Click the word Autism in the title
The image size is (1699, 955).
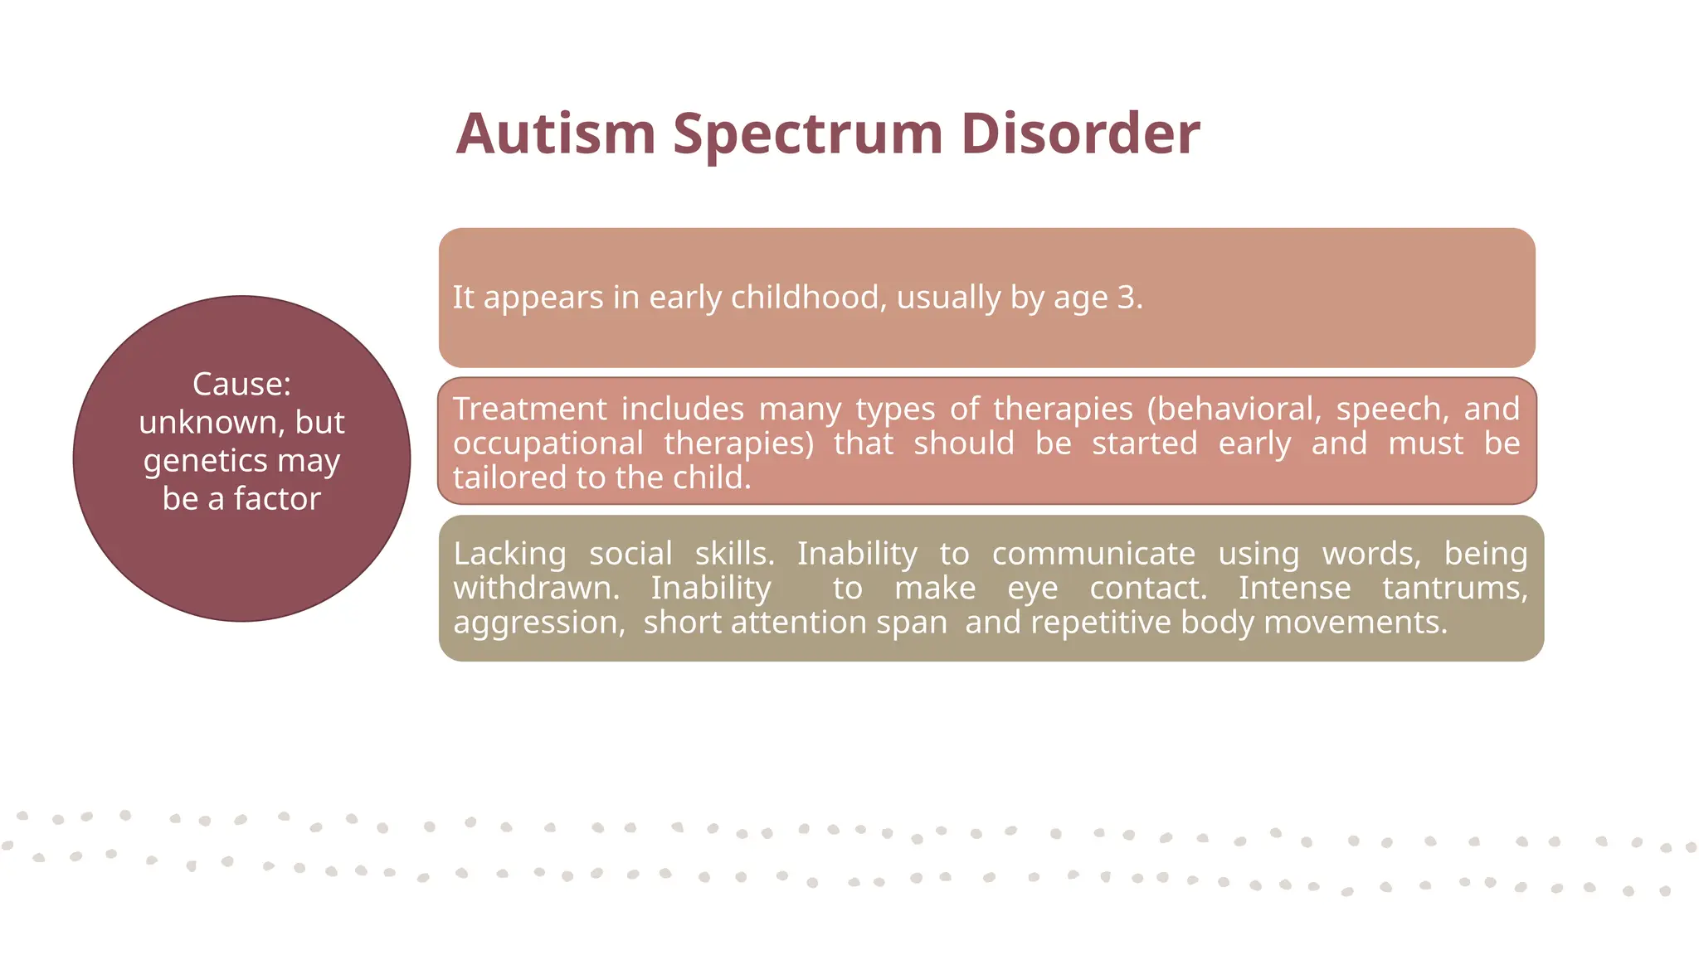[x=556, y=133]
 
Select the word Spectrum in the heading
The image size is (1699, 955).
[x=808, y=133]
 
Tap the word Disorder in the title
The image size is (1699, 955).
[x=1080, y=133]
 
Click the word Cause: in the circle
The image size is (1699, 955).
[x=241, y=384]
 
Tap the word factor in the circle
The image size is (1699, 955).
[x=277, y=499]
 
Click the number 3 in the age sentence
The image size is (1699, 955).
[x=1126, y=298]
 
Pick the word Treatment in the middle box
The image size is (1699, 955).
[x=529, y=409]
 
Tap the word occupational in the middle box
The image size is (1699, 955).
[x=548, y=444]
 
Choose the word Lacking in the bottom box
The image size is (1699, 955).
[x=509, y=554]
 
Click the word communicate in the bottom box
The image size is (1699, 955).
[x=1093, y=554]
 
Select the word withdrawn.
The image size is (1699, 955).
[x=536, y=588]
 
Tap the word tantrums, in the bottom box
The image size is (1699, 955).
[x=1454, y=588]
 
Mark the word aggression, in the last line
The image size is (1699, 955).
[x=538, y=623]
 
